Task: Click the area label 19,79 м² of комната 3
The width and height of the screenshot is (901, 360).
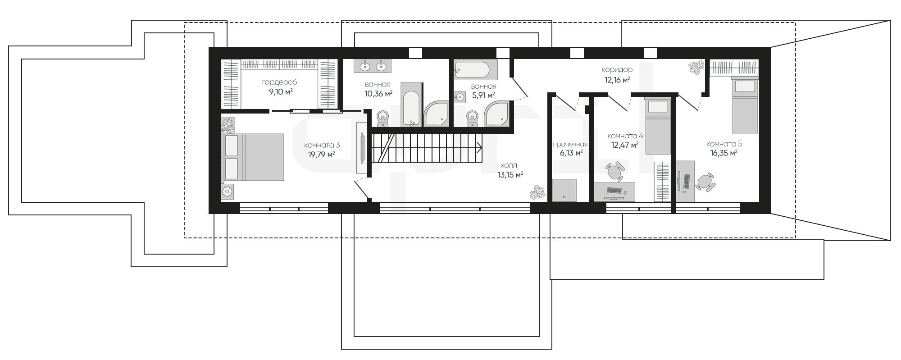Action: click(322, 155)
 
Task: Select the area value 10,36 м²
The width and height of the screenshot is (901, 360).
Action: click(378, 93)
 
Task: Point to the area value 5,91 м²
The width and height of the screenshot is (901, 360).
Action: click(483, 95)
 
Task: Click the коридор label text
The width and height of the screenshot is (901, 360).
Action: click(617, 70)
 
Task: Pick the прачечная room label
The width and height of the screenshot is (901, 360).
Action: click(570, 145)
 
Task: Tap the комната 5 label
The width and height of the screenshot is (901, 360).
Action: click(724, 144)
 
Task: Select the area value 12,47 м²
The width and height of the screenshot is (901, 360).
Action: click(625, 145)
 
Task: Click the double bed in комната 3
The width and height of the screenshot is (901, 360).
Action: click(254, 157)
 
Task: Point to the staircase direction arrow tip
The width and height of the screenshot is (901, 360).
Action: click(482, 147)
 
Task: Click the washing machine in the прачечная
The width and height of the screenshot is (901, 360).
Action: click(564, 190)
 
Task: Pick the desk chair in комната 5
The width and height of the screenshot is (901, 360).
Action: click(705, 182)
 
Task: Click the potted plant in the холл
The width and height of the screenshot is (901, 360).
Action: click(538, 192)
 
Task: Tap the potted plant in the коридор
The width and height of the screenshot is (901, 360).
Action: click(696, 68)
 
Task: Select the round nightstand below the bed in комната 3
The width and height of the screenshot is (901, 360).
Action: click(228, 191)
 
